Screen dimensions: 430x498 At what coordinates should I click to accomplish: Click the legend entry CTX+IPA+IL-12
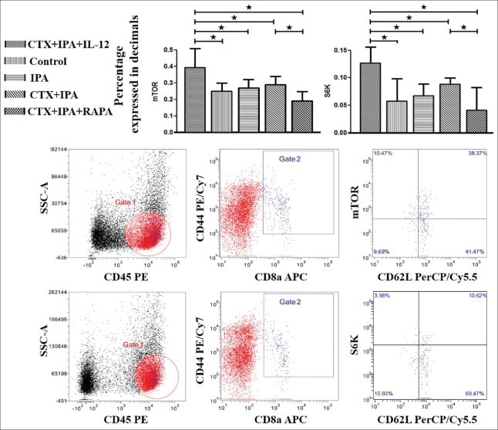tap(58, 44)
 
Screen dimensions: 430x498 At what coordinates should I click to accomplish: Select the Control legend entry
tap(46, 62)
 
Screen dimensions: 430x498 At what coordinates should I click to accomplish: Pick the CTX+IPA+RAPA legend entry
tap(62, 113)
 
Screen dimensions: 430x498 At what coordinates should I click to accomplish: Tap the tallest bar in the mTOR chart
tap(195, 100)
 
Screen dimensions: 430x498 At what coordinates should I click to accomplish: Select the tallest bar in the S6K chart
tap(370, 97)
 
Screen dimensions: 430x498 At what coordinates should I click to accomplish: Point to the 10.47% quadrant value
tap(375, 155)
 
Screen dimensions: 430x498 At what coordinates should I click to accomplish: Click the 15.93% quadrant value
tap(375, 396)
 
